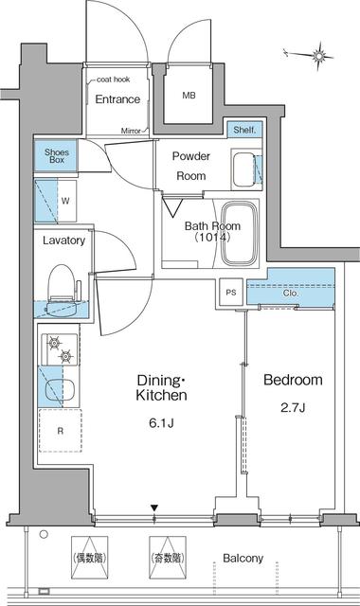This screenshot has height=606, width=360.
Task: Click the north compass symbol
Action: coord(322,57)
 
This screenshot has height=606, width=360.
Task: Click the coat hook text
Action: coord(112,80)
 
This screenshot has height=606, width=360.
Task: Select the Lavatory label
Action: coord(64,241)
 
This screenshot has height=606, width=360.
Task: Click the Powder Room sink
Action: coord(243,169)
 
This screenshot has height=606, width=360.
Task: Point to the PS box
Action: coord(231,293)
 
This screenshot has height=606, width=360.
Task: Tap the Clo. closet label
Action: coord(290,294)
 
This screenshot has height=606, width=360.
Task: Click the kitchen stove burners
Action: coord(59,349)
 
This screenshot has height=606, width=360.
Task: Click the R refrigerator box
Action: coord(60,430)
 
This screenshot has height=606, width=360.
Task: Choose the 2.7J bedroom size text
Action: coord(293,409)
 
